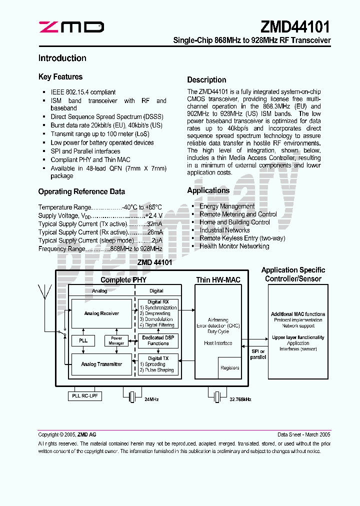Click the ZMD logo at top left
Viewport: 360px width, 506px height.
[x=71, y=27]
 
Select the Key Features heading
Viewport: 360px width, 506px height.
[x=60, y=77]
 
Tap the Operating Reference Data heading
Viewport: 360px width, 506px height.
[x=81, y=191]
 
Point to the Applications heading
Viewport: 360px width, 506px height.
[x=208, y=190]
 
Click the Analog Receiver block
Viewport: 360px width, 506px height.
[x=101, y=313]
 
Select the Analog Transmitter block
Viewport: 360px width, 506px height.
[x=101, y=364]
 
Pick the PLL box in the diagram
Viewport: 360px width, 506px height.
[x=83, y=340]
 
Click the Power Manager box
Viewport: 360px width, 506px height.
[x=116, y=340]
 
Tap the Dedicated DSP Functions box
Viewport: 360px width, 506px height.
[x=158, y=340]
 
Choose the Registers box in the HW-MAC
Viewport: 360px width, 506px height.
[x=229, y=368]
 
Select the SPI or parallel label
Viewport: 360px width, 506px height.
[x=258, y=354]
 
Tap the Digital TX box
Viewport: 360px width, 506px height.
[x=158, y=364]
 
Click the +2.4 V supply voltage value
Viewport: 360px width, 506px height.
[x=153, y=215]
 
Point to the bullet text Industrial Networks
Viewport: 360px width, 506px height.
[x=224, y=230]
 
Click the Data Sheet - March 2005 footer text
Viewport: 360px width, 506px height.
[x=304, y=435]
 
